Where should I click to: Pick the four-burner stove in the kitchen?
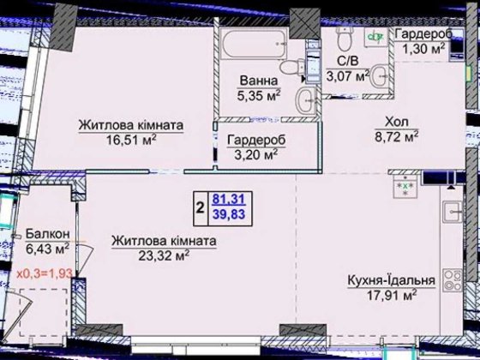401,185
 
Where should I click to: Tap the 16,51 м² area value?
131,141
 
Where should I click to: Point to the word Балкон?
42,234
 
